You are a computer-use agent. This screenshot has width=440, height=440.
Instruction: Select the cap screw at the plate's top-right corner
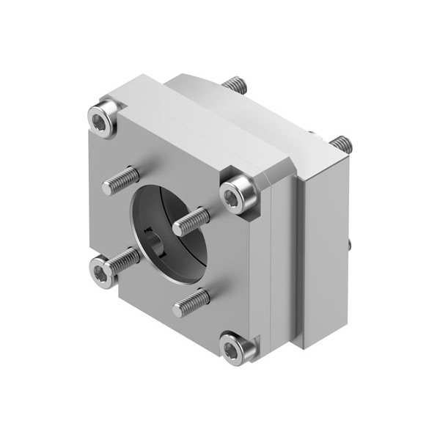(x=238, y=196)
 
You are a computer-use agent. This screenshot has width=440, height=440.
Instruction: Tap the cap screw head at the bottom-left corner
(x=102, y=272)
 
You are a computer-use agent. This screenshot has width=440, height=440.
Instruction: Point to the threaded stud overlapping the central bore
(x=191, y=221)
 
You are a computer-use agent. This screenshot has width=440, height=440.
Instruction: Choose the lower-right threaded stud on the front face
(x=191, y=301)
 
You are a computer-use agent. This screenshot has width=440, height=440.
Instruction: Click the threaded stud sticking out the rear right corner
(x=341, y=144)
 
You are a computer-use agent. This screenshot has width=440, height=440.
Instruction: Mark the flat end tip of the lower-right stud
(x=178, y=310)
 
